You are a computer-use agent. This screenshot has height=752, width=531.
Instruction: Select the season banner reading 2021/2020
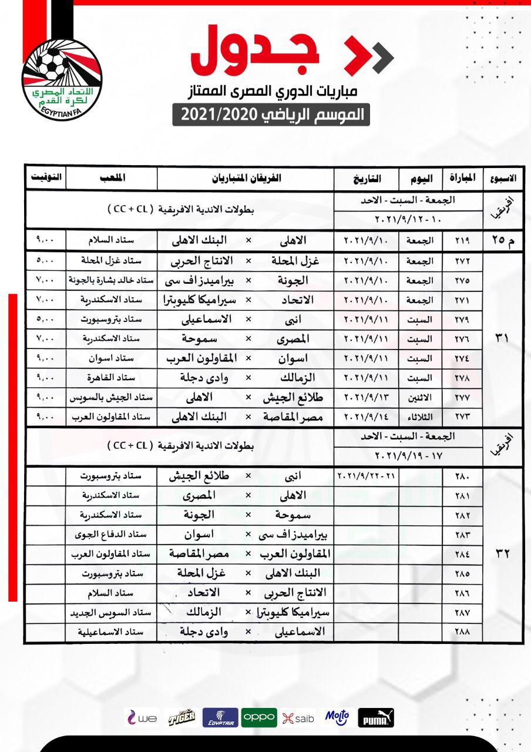271,114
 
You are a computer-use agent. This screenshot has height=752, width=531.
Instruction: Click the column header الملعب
112,177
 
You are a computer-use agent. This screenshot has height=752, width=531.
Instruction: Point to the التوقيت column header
45,177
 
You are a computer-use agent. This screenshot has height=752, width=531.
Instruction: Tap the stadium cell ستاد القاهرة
112,378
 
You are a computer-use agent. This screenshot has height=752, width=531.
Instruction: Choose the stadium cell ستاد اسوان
112,358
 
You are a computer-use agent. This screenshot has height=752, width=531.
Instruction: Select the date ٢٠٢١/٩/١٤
366,417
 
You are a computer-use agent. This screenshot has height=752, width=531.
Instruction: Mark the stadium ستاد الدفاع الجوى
112,535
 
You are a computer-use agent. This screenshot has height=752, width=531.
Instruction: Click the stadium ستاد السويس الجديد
112,613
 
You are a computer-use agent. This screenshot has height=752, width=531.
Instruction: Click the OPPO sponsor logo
258,717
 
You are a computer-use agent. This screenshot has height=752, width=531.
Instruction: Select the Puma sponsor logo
376,718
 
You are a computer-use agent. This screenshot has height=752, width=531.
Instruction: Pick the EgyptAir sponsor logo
220,718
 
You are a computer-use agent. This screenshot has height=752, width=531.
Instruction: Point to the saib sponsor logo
298,718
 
